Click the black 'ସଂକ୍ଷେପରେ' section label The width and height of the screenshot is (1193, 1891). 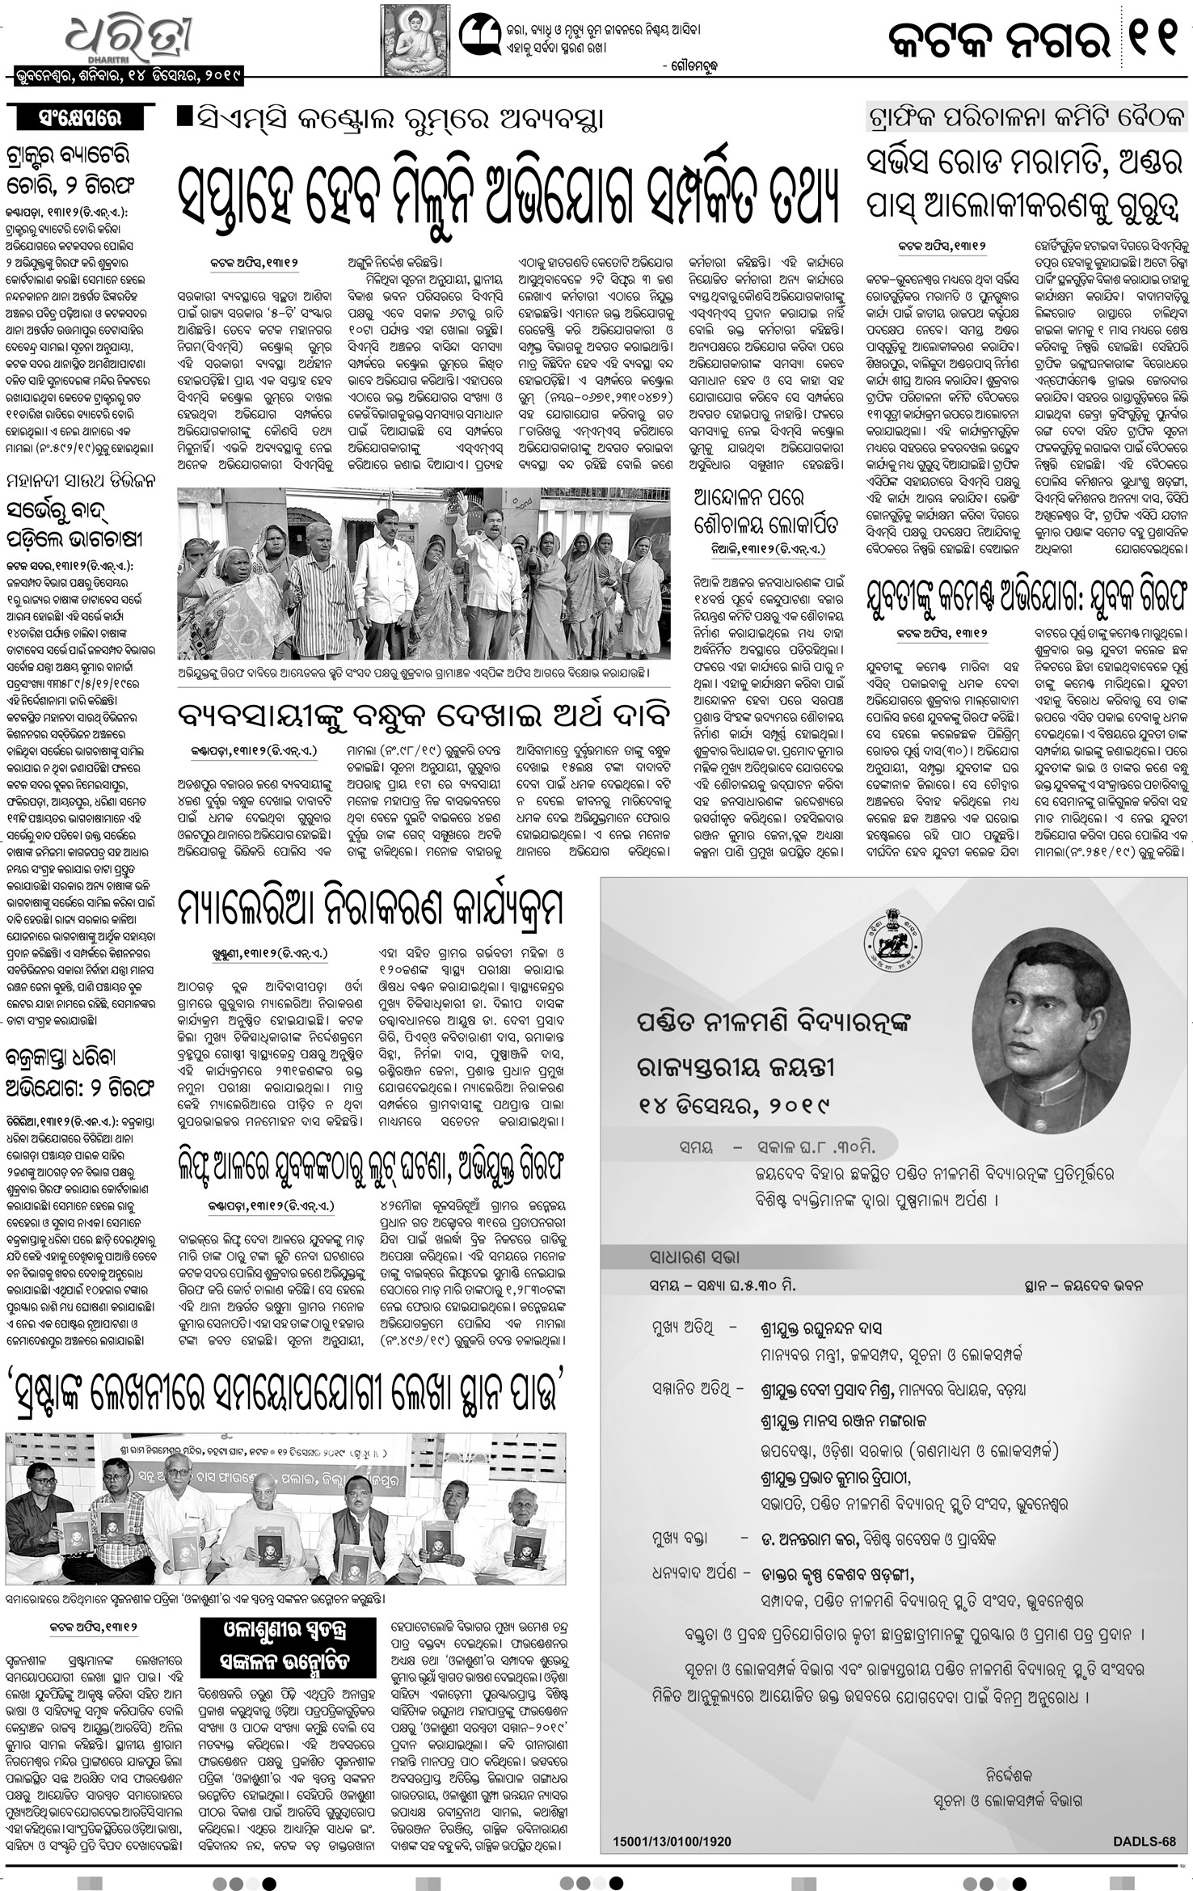(x=79, y=118)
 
